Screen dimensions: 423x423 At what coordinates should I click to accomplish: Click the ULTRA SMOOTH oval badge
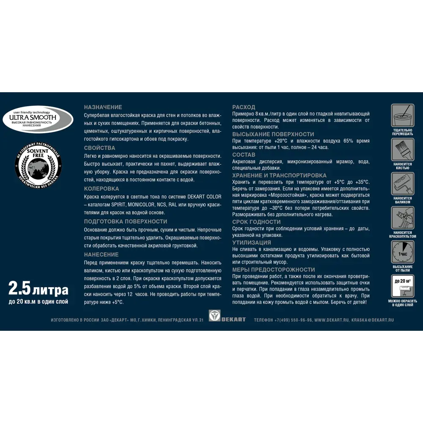(x=38, y=119)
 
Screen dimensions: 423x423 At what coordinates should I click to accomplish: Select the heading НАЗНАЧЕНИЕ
(x=103, y=107)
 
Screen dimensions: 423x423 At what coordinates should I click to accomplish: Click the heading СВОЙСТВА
(x=99, y=148)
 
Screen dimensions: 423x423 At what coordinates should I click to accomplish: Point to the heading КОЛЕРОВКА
(x=102, y=189)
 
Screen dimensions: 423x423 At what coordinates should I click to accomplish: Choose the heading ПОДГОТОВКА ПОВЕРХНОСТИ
(x=126, y=222)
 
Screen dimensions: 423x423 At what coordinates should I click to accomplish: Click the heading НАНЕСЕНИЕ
(x=101, y=255)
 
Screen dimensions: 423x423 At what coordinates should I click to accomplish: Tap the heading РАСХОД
(x=244, y=107)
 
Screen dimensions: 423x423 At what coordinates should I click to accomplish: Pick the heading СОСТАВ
(x=244, y=155)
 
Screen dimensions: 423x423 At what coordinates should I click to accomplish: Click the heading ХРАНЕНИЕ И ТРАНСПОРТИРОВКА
(x=279, y=175)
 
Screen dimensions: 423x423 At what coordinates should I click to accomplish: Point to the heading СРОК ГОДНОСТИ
(x=256, y=222)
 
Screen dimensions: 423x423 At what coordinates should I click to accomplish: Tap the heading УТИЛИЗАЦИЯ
(x=252, y=243)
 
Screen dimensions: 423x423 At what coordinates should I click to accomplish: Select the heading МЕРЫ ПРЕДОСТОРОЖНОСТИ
(x=274, y=269)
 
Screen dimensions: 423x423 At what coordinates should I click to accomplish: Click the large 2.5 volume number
(x=19, y=289)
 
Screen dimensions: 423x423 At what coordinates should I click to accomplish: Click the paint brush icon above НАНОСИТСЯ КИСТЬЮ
(x=402, y=149)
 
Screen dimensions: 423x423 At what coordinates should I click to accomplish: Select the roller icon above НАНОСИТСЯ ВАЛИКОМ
(x=402, y=183)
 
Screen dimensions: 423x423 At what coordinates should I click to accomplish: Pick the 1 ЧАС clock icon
(x=402, y=253)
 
